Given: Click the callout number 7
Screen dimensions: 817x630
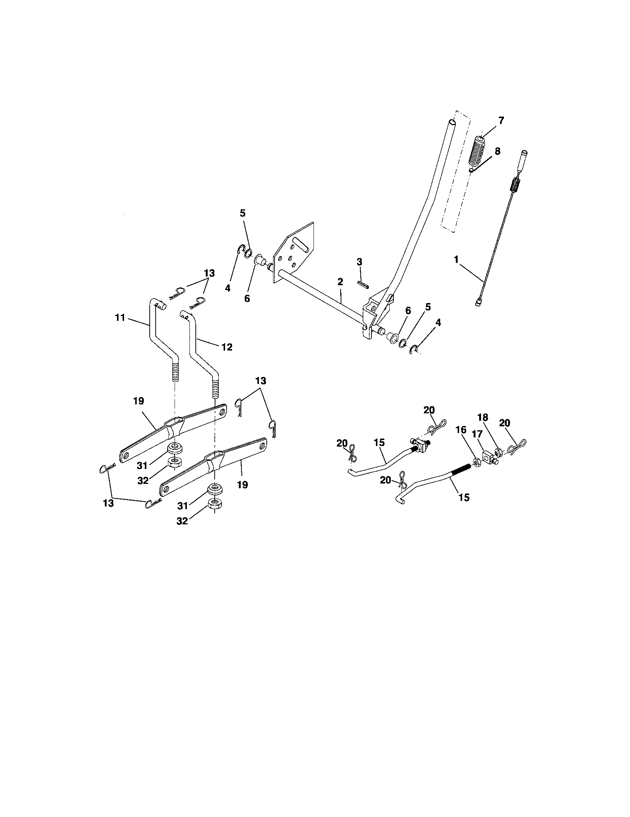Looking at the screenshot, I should [501, 120].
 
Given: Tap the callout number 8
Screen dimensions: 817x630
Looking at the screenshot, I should [497, 152].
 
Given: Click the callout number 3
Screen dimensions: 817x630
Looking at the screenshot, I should [359, 262].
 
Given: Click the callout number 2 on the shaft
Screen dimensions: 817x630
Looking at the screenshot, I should [340, 282].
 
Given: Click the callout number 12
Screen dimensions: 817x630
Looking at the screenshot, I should [227, 347].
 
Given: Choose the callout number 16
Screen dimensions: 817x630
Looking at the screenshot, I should [461, 430].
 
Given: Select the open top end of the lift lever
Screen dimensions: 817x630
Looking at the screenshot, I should [452, 122].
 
